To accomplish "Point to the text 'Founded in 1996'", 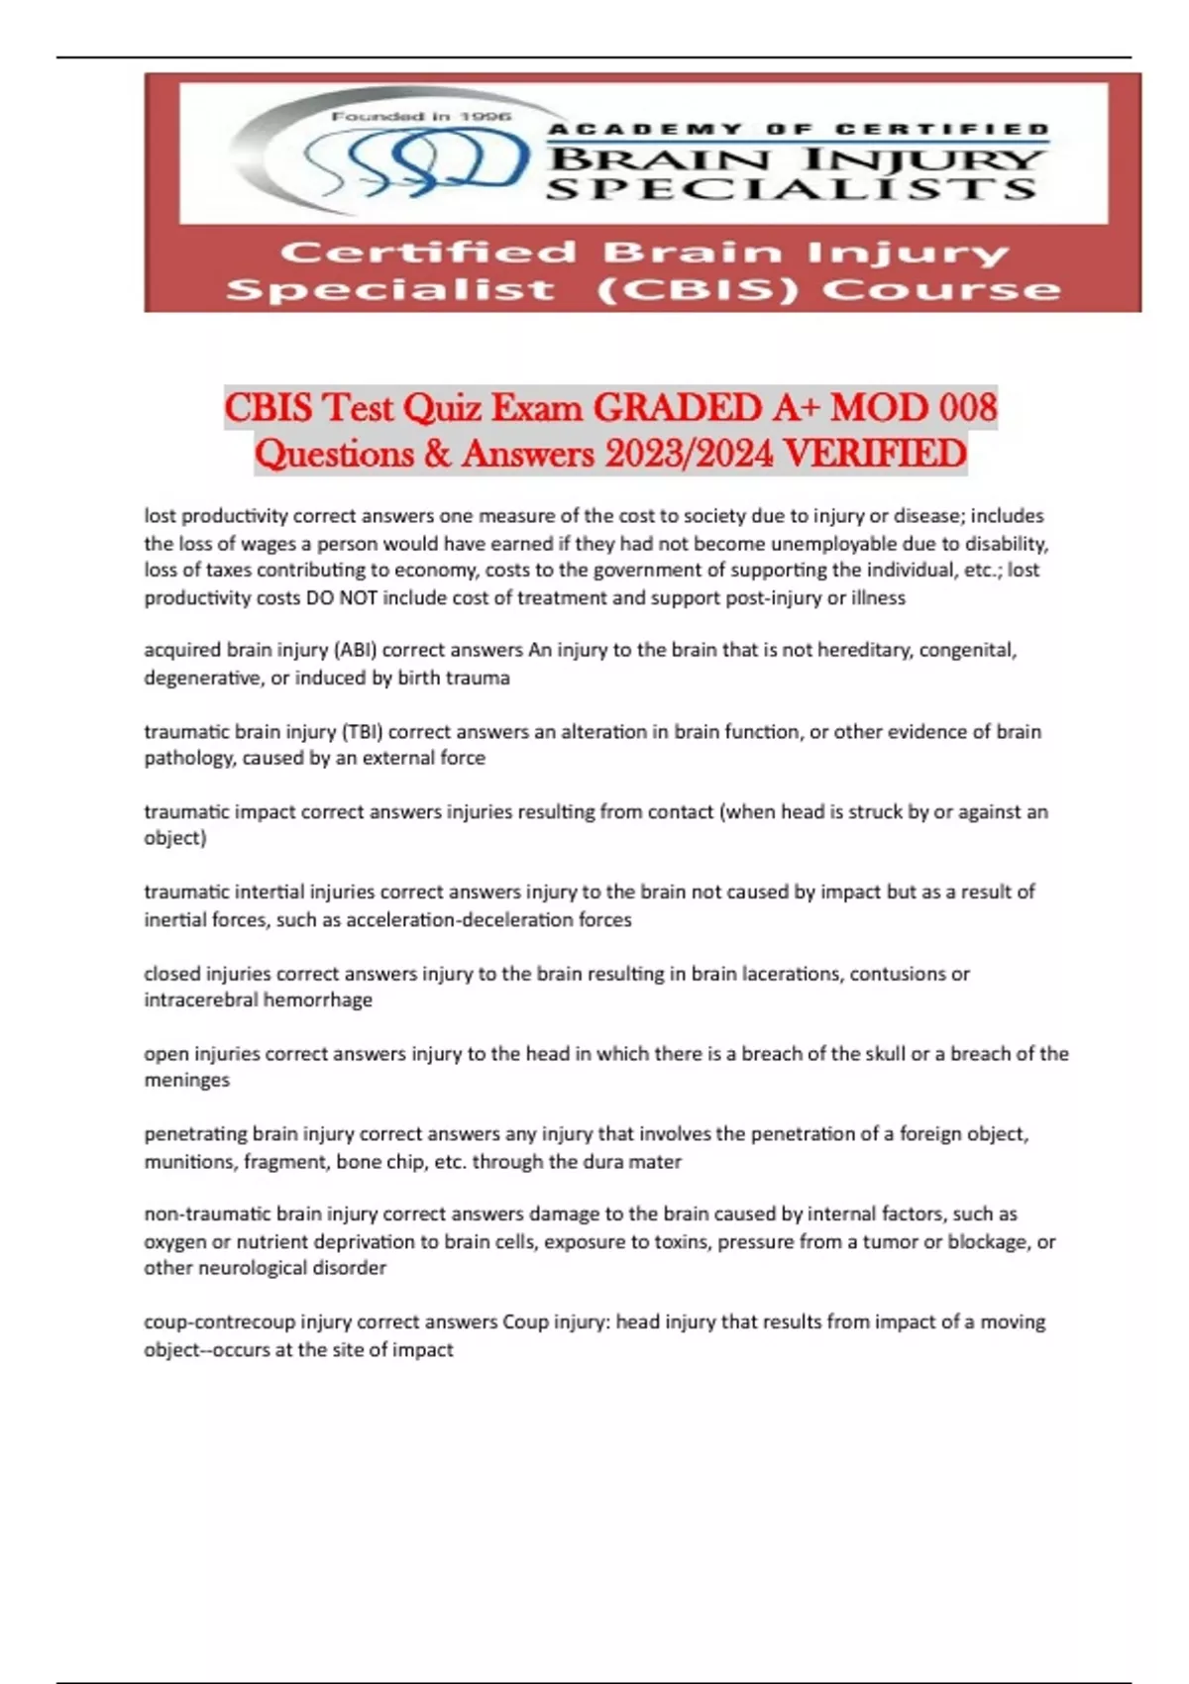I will (421, 117).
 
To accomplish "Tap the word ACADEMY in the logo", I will (645, 129).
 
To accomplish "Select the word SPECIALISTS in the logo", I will (792, 188).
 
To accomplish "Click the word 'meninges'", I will (186, 1081).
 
